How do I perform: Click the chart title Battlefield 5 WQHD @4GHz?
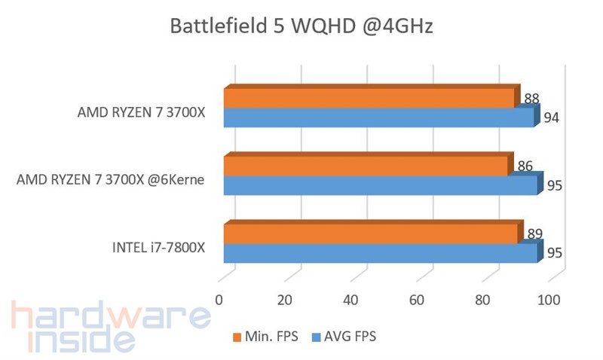click(x=301, y=28)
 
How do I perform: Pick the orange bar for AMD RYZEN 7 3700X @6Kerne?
click(x=366, y=166)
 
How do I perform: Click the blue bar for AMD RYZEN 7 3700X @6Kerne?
click(x=381, y=185)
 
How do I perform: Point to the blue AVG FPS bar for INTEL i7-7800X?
click(x=381, y=253)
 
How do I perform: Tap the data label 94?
click(x=552, y=117)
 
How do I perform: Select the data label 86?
click(x=525, y=165)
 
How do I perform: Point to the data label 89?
click(x=535, y=233)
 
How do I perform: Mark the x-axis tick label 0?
click(x=219, y=300)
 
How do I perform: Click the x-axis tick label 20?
click(x=284, y=300)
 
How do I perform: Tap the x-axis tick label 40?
click(x=350, y=300)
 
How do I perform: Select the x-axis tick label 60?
click(x=417, y=300)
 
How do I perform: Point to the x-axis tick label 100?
click(x=548, y=300)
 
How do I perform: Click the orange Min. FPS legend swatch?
click(x=237, y=336)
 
